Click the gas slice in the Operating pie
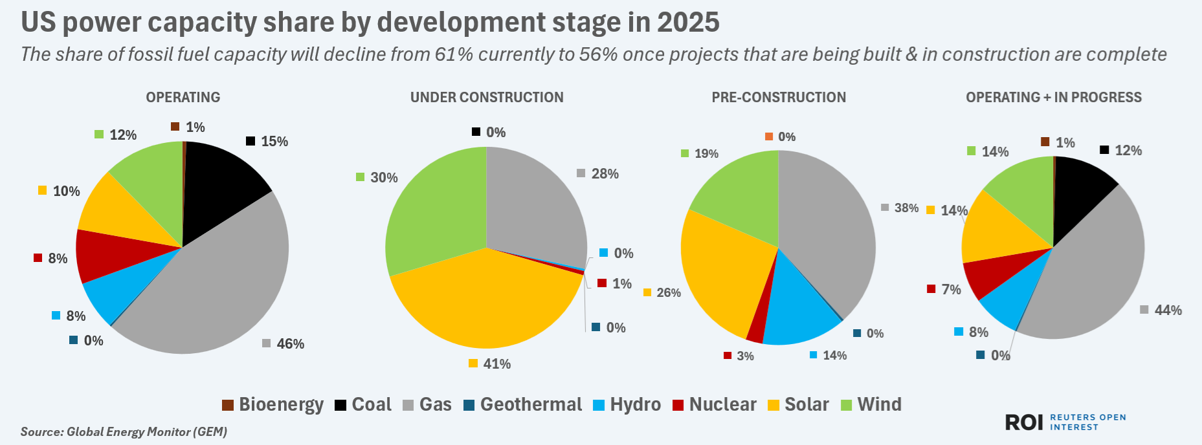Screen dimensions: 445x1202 (214, 291)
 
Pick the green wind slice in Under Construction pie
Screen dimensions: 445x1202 (434, 207)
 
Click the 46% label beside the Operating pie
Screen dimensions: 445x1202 (290, 344)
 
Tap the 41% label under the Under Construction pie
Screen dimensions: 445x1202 (496, 364)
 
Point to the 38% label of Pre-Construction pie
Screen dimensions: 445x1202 (906, 208)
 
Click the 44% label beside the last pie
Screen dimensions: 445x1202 (1168, 310)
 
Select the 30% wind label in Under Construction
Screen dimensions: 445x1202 (383, 178)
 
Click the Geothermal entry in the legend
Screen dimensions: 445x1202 (530, 405)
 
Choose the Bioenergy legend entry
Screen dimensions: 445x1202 (280, 405)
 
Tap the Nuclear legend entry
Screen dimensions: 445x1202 (722, 405)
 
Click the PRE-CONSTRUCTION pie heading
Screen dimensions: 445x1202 (779, 98)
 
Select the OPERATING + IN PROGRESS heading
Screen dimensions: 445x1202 (1053, 98)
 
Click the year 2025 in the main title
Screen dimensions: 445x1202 (687, 23)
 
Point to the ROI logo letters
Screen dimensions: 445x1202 (1023, 422)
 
